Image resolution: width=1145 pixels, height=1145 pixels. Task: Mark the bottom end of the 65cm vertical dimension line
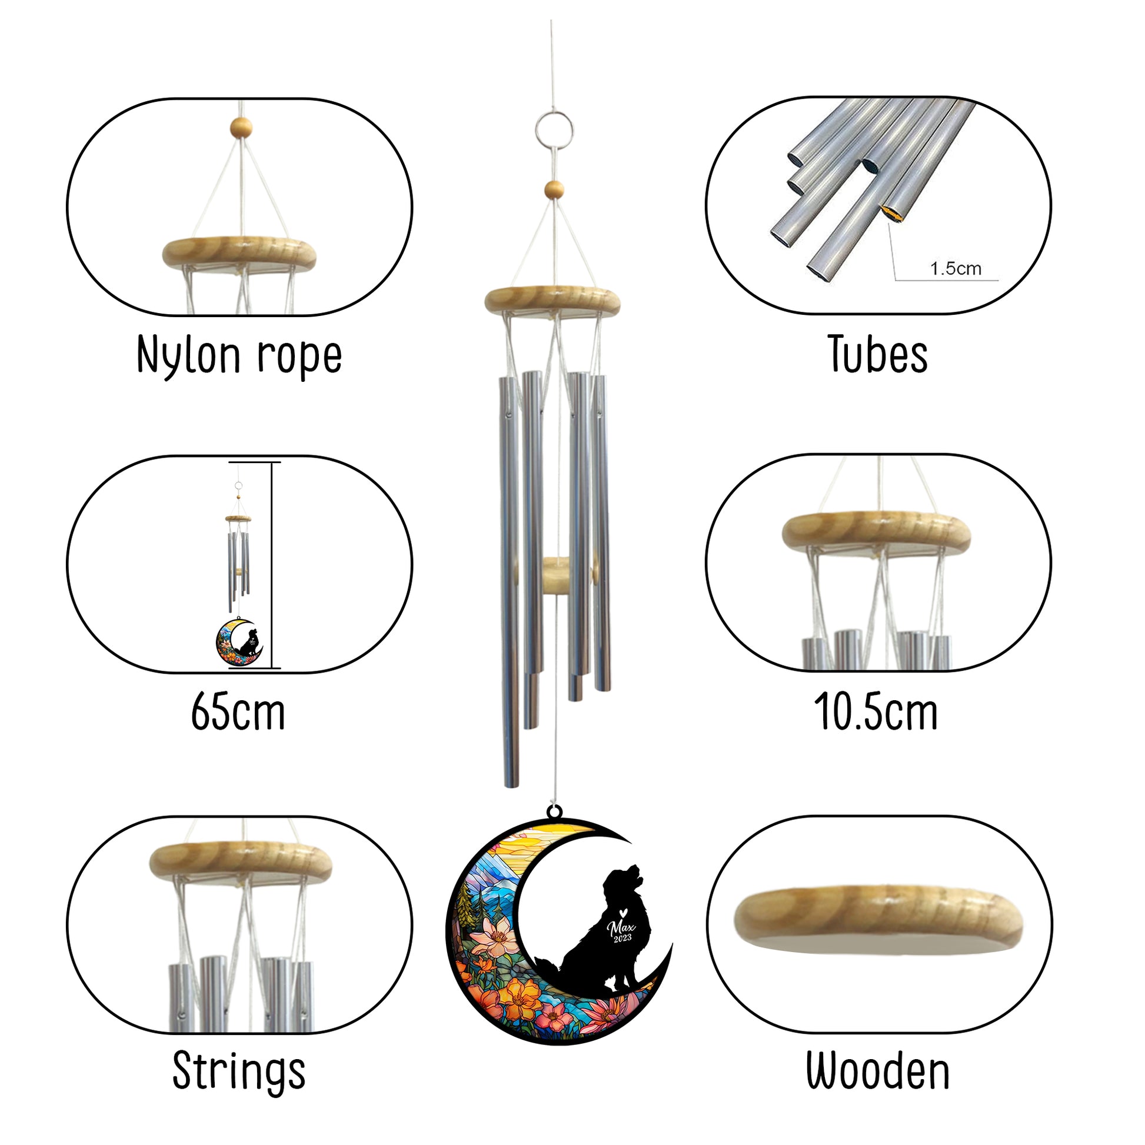[x=272, y=668]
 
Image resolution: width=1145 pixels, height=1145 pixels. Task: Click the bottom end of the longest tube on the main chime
[x=510, y=787]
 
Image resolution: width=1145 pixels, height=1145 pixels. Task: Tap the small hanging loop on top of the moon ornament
[x=555, y=810]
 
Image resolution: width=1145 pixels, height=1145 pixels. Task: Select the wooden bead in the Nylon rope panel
[x=241, y=127]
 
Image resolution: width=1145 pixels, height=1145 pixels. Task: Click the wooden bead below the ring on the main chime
[x=554, y=190]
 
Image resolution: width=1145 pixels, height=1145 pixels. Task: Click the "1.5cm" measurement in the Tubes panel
[x=956, y=268]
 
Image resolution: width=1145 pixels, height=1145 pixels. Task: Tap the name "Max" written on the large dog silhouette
[x=621, y=926]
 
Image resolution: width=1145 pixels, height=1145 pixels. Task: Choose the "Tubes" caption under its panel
[x=878, y=354]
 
